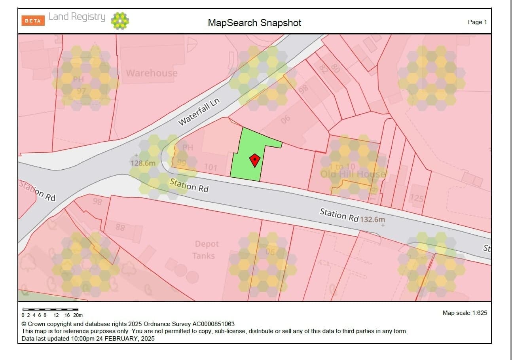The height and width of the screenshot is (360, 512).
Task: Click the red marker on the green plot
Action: click(255, 160)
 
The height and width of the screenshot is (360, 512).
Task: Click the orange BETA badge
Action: click(33, 21)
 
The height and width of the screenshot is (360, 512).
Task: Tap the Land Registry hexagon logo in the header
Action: click(120, 21)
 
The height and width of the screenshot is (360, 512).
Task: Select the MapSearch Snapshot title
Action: click(254, 23)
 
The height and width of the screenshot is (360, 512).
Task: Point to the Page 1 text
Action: click(477, 22)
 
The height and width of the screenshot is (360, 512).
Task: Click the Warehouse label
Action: click(152, 73)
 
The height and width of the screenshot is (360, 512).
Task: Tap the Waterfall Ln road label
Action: click(199, 112)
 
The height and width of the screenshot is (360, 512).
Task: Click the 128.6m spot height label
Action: click(143, 163)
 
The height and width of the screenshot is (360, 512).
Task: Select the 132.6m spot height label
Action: click(372, 219)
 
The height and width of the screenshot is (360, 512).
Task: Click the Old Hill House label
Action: click(353, 174)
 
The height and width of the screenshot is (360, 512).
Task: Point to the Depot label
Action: click(207, 244)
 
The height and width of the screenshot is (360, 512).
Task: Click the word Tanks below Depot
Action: click(204, 256)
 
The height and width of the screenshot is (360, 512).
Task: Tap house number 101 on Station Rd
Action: click(210, 167)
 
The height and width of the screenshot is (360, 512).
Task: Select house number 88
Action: click(120, 227)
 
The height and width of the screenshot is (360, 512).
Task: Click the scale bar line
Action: click(50, 309)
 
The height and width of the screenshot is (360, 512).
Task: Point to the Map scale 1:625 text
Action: click(465, 313)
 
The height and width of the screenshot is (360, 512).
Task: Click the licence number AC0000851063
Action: click(213, 324)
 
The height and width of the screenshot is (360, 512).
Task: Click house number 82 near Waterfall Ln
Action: click(324, 70)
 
